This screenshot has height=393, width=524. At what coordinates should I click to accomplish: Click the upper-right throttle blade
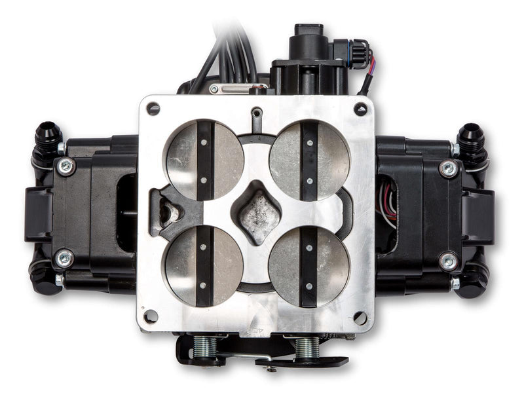(x=309, y=160)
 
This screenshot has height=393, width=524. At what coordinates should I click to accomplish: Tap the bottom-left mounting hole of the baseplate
(x=151, y=316)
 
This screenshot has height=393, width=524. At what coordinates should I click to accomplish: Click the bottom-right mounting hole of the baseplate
(x=360, y=318)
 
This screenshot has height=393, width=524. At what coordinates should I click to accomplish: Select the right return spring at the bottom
(x=307, y=346)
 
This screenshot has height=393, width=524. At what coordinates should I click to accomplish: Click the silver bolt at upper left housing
(x=65, y=166)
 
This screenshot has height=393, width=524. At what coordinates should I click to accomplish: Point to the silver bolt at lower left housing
(x=65, y=258)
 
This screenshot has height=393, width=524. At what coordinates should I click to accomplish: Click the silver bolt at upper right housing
(x=449, y=169)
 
